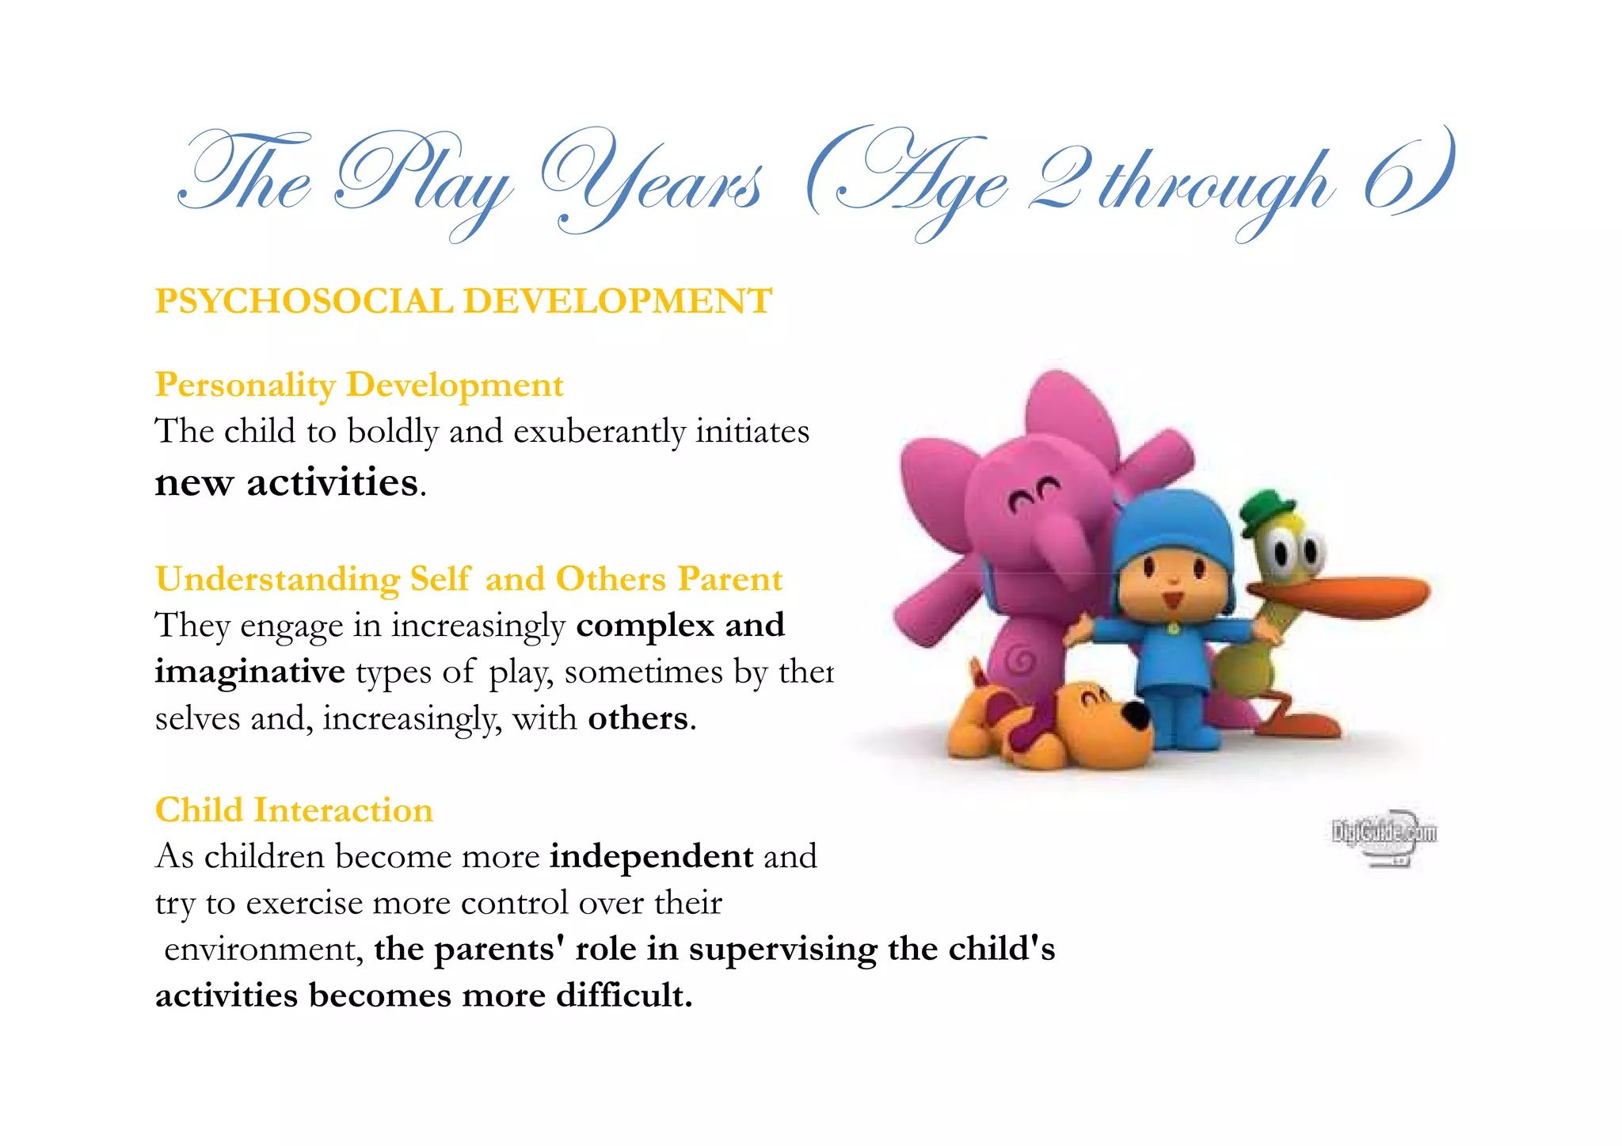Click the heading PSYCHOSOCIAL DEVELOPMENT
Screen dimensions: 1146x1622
pyautogui.click(x=463, y=302)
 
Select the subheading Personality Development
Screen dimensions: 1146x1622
pyautogui.click(x=359, y=385)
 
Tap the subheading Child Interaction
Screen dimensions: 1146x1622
pyautogui.click(x=294, y=810)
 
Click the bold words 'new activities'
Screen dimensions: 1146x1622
pyautogui.click(x=286, y=482)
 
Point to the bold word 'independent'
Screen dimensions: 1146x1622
pyautogui.click(x=651, y=856)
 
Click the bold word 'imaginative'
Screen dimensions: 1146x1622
pyautogui.click(x=249, y=672)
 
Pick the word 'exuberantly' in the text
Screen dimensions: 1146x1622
pyautogui.click(x=599, y=432)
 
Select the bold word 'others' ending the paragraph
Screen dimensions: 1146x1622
pyautogui.click(x=638, y=718)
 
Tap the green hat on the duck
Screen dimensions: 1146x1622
pyautogui.click(x=1265, y=511)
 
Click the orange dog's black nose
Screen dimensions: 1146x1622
pyautogui.click(x=1137, y=714)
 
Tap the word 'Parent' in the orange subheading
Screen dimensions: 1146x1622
pyautogui.click(x=730, y=579)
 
